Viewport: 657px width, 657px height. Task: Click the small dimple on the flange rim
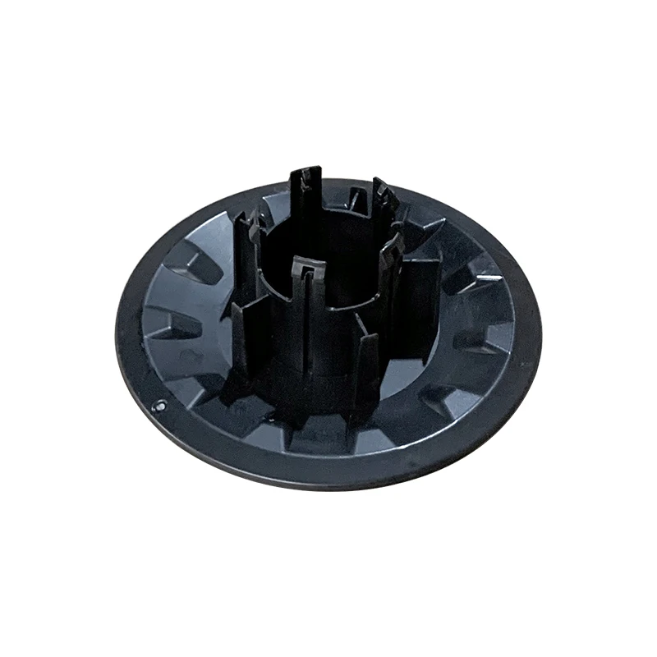[162, 404]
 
